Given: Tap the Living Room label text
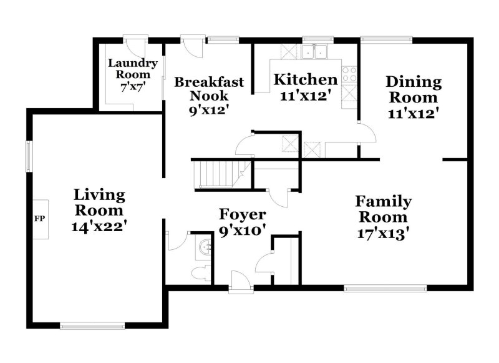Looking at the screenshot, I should (99, 202).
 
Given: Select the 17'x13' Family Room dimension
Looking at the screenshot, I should (383, 233).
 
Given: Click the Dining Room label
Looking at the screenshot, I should (413, 89).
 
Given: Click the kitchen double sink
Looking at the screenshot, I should (316, 52).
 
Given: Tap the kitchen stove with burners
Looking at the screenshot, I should (350, 74).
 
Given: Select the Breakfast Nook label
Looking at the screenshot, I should (209, 89).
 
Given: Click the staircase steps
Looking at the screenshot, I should (214, 173).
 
